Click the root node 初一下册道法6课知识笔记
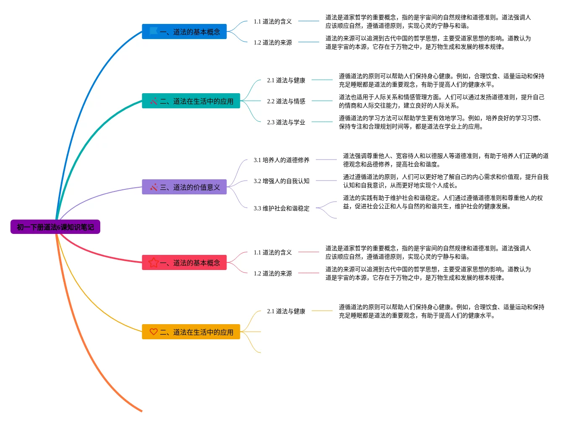[55, 227]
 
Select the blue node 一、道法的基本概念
[184, 32]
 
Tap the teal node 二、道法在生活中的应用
[191, 101]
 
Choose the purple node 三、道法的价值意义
[184, 187]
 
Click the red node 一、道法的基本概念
[184, 263]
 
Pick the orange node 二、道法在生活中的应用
[191, 332]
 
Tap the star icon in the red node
[154, 262]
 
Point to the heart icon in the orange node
[154, 332]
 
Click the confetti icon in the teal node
[154, 101]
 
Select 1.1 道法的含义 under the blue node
[273, 21]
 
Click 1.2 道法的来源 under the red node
[273, 273]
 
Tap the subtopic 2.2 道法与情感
[286, 101]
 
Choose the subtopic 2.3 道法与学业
[286, 122]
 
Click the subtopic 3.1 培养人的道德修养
[281, 160]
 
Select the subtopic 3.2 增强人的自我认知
[281, 181]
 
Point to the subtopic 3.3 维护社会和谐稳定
[281, 208]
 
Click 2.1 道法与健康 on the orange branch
[286, 311]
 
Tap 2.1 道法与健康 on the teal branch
[286, 80]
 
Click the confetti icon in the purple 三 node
[154, 187]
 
